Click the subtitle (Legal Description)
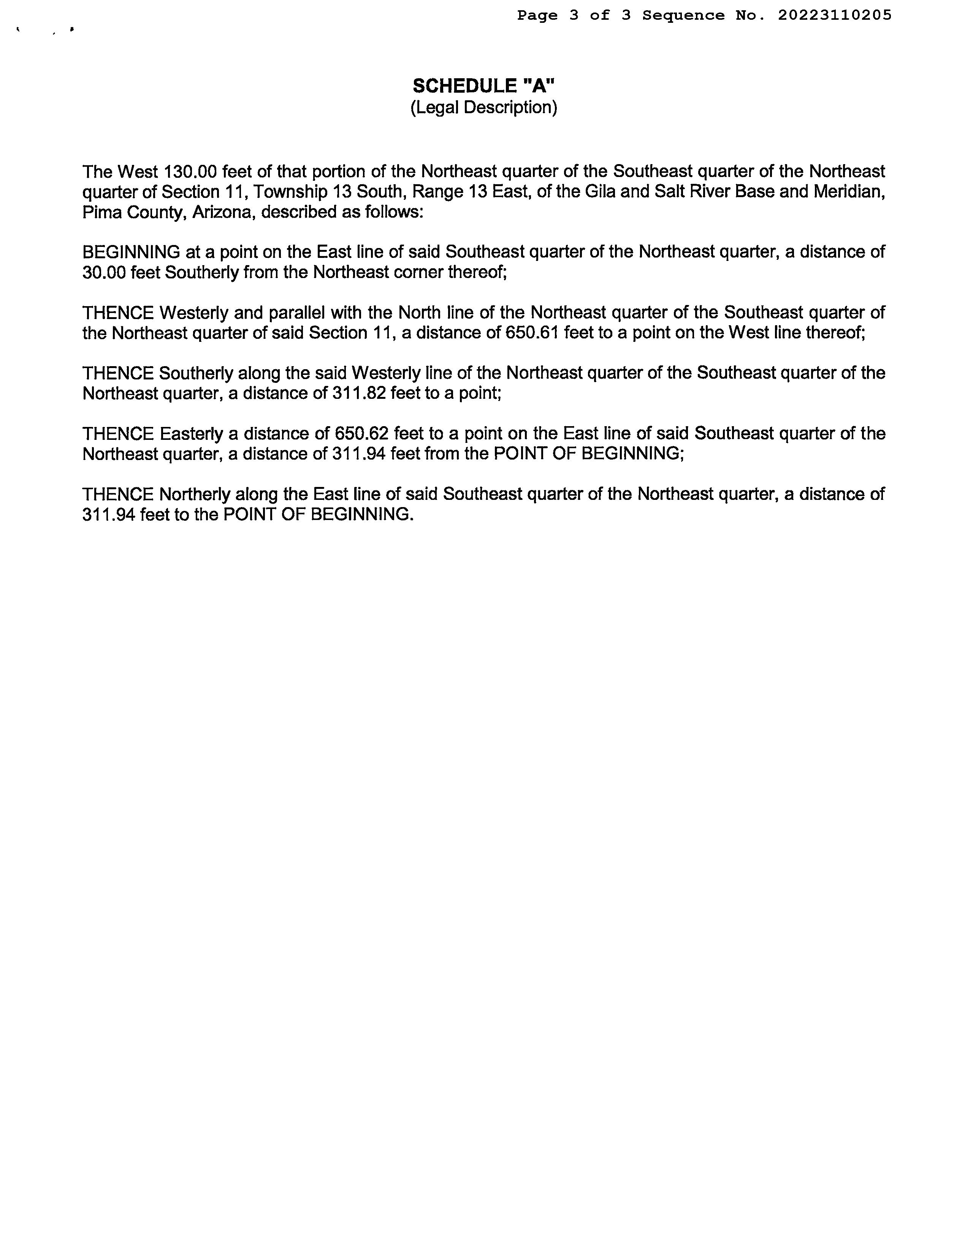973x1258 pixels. coord(483,108)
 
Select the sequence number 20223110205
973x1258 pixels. coord(835,16)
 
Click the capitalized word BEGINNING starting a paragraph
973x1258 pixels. coord(131,252)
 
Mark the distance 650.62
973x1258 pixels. coord(361,434)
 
